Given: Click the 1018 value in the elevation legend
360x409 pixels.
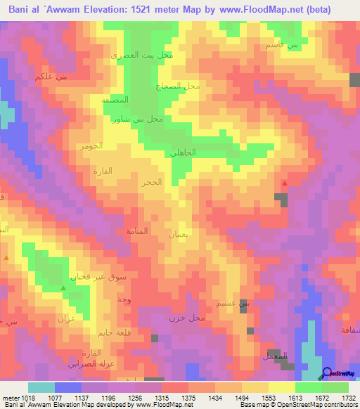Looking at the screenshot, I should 27,398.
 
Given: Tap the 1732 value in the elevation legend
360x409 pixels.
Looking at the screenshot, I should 349,398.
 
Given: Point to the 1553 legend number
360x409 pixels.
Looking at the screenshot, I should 269,398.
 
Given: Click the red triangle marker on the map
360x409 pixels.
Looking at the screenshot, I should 285,183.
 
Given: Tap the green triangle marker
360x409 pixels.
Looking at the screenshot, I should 63,288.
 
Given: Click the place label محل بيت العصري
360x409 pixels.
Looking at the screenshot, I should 143,54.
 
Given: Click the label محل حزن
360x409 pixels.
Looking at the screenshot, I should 186,318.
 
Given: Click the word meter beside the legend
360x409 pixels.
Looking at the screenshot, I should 9,398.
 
